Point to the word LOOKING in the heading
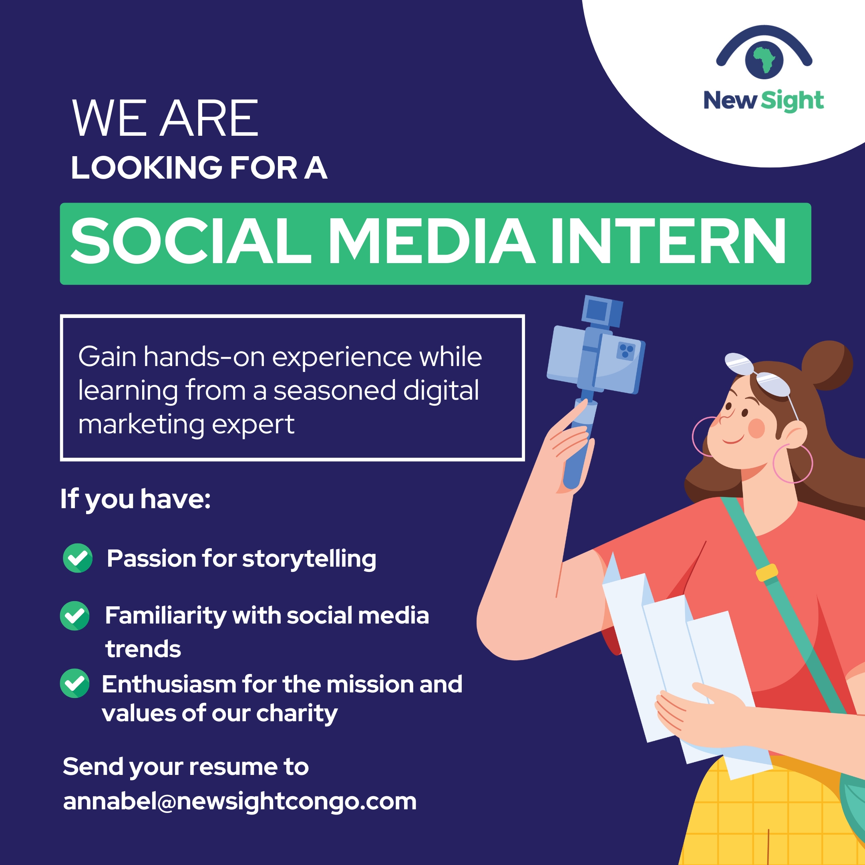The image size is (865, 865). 147,168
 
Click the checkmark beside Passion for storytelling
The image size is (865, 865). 77,558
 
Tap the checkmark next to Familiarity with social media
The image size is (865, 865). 75,616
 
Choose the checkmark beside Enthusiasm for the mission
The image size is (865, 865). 75,683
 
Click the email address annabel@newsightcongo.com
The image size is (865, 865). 240,802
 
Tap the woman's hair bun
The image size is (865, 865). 827,365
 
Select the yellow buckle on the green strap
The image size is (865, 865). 767,573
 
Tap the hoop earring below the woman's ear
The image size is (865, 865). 793,464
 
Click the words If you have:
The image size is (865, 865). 136,500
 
